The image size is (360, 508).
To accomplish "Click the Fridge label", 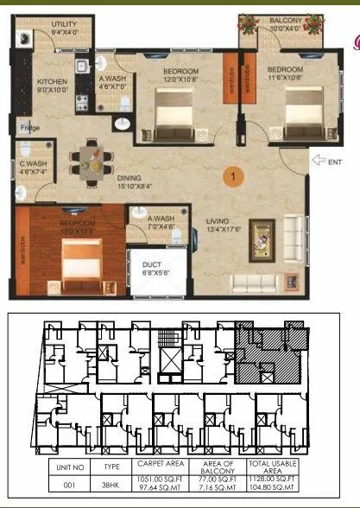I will point(29,129).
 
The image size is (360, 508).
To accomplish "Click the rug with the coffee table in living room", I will point(263,237).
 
